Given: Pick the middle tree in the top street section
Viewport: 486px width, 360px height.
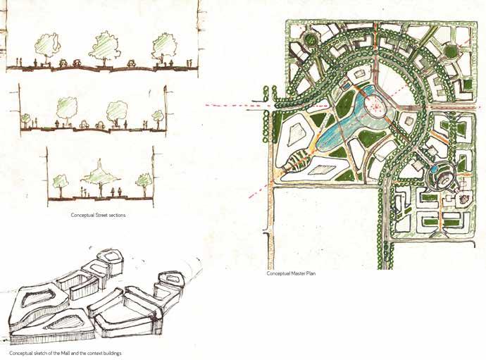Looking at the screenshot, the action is tap(106, 44).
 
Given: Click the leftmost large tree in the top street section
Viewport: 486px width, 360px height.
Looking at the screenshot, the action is tap(48, 45).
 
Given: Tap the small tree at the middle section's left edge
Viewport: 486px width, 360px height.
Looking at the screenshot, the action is tap(26, 118).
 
